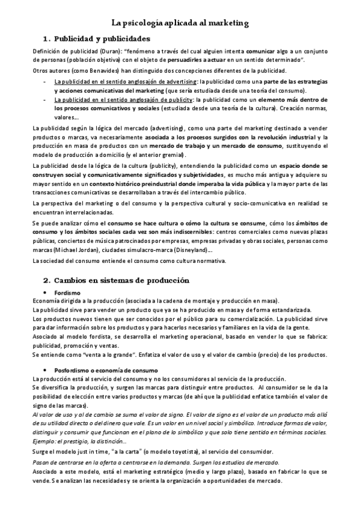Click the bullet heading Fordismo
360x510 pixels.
point(66,292)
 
